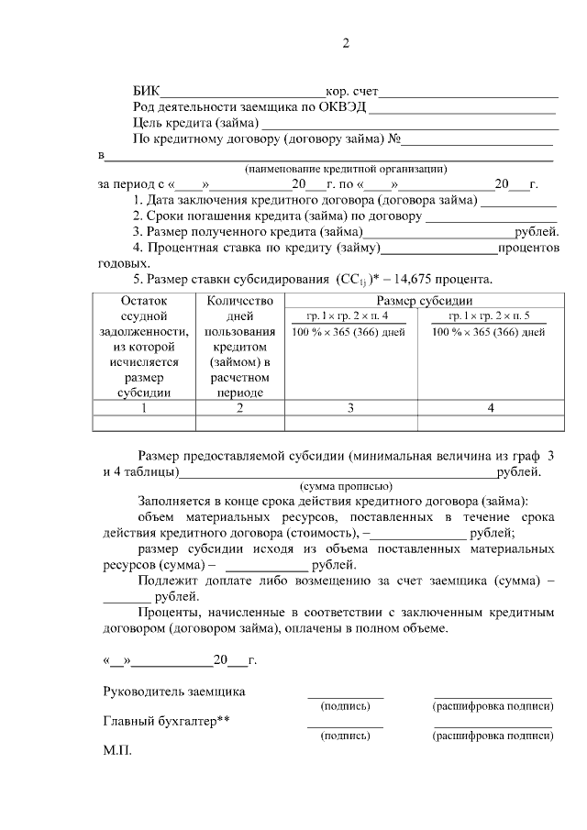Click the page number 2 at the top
346,43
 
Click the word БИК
146,91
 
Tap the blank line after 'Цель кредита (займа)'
409,123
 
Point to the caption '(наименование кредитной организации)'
346,169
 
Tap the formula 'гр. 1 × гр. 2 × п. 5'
489,315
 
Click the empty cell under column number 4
490,423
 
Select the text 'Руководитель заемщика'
173,691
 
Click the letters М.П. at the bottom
118,750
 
